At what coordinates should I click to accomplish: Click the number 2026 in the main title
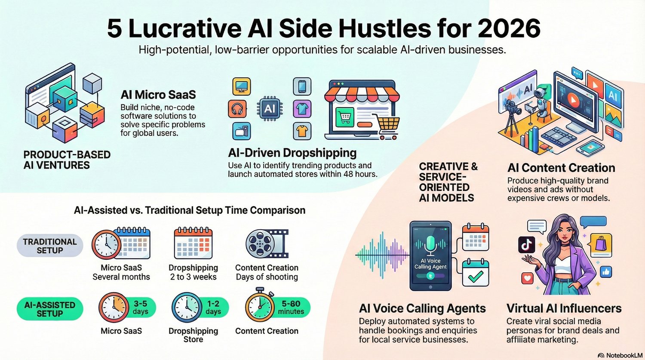pos(509,28)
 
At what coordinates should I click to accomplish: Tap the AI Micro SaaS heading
pos(158,95)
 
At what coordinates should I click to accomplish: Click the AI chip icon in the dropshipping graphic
pos(270,108)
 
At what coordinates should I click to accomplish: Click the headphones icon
pos(237,109)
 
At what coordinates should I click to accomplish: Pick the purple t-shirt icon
pos(302,109)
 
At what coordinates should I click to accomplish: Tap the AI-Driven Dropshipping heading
pos(292,153)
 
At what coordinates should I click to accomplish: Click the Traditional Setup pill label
pos(50,246)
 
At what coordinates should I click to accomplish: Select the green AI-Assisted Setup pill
pos(50,309)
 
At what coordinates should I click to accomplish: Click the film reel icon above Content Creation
pos(267,243)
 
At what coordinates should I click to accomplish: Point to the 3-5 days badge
pos(140,307)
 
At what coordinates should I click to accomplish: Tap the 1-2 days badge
pos(213,307)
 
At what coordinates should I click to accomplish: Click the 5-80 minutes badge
pos(291,307)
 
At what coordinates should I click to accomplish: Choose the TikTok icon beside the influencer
pos(527,245)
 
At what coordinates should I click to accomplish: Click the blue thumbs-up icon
pos(606,272)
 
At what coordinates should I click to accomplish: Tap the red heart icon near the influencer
pos(527,278)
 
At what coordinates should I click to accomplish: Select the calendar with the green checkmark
pos(476,273)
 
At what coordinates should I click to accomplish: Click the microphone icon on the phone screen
pos(430,245)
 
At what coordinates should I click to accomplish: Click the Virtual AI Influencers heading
pos(564,308)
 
